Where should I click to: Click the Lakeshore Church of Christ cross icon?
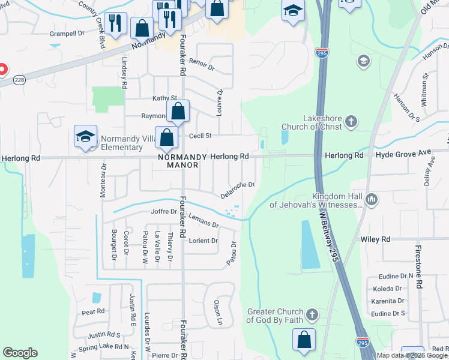(351, 123)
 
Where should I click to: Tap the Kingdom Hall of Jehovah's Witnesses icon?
(372, 199)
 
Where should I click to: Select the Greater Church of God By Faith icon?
(312, 314)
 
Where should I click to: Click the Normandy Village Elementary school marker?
(86, 136)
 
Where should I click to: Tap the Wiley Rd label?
(376, 239)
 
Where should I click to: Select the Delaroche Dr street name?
(238, 191)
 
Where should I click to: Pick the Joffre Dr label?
(165, 212)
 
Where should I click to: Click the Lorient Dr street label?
(203, 241)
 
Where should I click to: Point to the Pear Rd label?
(93, 311)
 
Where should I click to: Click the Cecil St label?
(200, 136)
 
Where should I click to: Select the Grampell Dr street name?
(67, 34)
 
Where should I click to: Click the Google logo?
(20, 353)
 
